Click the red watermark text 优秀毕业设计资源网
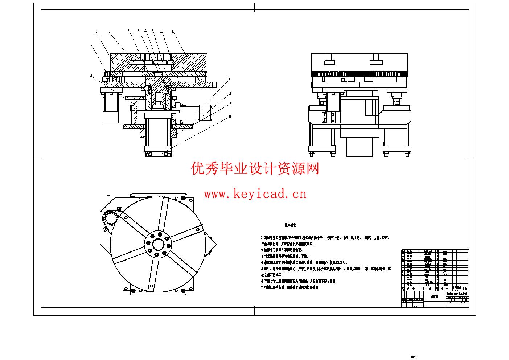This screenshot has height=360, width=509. tap(255, 169)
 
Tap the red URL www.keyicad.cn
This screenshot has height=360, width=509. tap(255, 195)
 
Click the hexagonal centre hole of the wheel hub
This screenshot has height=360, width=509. tap(158, 244)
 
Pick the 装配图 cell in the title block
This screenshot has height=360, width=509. tap(434, 296)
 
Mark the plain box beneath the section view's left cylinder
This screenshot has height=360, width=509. tap(110, 117)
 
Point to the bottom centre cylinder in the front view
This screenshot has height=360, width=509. tap(360, 147)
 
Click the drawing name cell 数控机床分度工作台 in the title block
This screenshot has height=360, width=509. tap(457, 293)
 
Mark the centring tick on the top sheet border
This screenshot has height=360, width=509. tap(255, 7)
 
